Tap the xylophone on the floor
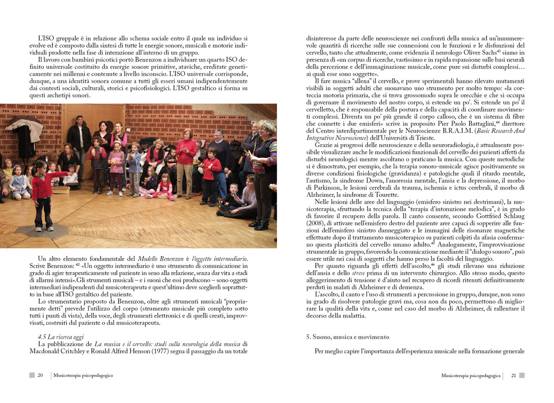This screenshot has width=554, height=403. pos(60,189)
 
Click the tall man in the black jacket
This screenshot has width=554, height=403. pos(79,139)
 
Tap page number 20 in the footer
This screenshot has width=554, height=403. pos(40,376)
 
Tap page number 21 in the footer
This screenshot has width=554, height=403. pos(513,376)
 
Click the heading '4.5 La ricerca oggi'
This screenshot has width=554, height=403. pos(61,337)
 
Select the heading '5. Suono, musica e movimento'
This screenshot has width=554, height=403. pos(348,337)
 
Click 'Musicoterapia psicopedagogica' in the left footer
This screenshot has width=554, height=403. pos(83,376)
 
